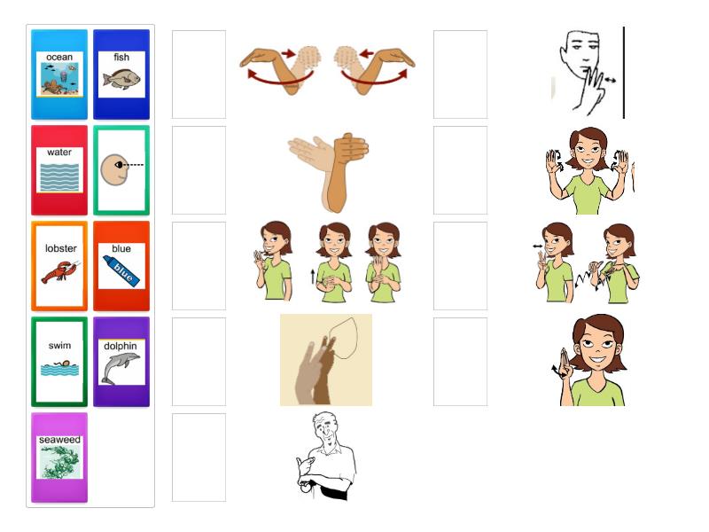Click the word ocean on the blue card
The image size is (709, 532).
click(59, 57)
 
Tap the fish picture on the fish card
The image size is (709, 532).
click(121, 78)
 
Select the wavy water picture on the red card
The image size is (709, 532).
click(59, 176)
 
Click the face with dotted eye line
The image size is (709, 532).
click(121, 169)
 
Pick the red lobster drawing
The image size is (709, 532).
click(60, 272)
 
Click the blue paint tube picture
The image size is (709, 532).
click(121, 270)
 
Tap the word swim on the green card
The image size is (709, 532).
click(59, 346)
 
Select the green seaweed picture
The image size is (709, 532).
click(59, 462)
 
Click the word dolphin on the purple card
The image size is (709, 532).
click(121, 346)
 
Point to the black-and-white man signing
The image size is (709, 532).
click(326, 456)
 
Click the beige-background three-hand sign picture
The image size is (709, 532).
click(326, 360)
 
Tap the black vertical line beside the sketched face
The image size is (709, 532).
click(624, 73)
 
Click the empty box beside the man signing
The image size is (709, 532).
click(199, 458)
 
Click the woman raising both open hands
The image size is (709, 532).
click(588, 170)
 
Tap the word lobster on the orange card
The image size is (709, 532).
click(60, 248)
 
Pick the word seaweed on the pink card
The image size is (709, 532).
click(59, 440)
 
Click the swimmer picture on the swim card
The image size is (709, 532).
click(59, 368)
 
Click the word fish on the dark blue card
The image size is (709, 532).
click(121, 57)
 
